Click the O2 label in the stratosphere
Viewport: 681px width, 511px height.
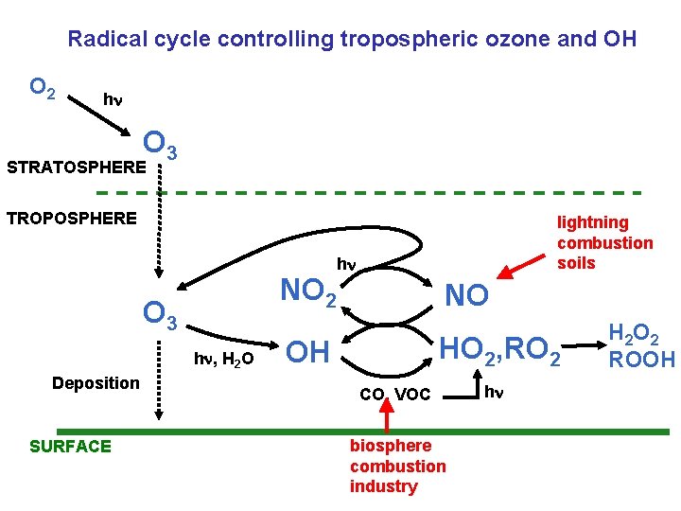pyautogui.click(x=42, y=88)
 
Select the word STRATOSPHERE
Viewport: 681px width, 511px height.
pyautogui.click(x=77, y=167)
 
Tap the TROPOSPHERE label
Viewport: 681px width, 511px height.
pyautogui.click(x=72, y=219)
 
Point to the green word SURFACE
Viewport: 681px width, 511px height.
pyautogui.click(x=71, y=446)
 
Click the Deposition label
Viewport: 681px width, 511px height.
pyautogui.click(x=96, y=382)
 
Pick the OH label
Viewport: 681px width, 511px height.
pyautogui.click(x=308, y=352)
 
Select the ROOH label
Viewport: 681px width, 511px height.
pyautogui.click(x=641, y=360)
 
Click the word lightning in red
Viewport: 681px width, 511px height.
pyautogui.click(x=592, y=222)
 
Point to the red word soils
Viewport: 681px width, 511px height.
pyautogui.click(x=576, y=262)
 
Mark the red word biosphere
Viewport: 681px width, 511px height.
pyautogui.click(x=391, y=445)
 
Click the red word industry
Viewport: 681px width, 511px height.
pyautogui.click(x=383, y=486)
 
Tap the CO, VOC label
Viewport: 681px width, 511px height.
pyautogui.click(x=395, y=393)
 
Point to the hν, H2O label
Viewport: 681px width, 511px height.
pyautogui.click(x=223, y=359)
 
